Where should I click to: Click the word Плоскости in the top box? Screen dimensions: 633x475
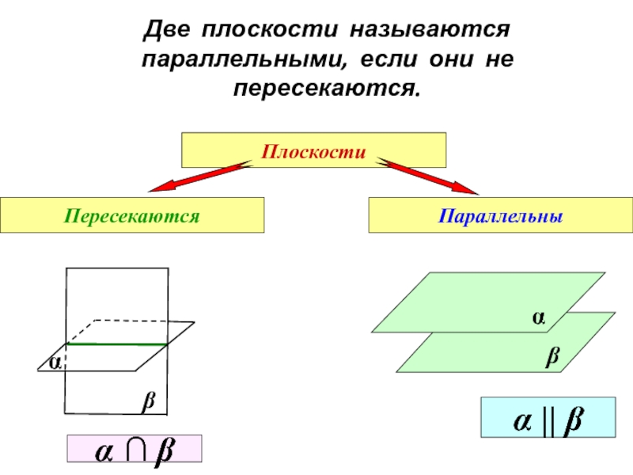[x=314, y=150]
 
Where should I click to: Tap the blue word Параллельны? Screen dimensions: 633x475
[x=501, y=215]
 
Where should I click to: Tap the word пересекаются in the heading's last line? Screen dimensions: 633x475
[x=324, y=86]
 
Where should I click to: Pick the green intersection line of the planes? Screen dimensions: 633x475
[x=116, y=344]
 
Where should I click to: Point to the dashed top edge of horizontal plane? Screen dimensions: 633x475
[x=142, y=320]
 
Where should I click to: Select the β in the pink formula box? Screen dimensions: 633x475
[x=163, y=452]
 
